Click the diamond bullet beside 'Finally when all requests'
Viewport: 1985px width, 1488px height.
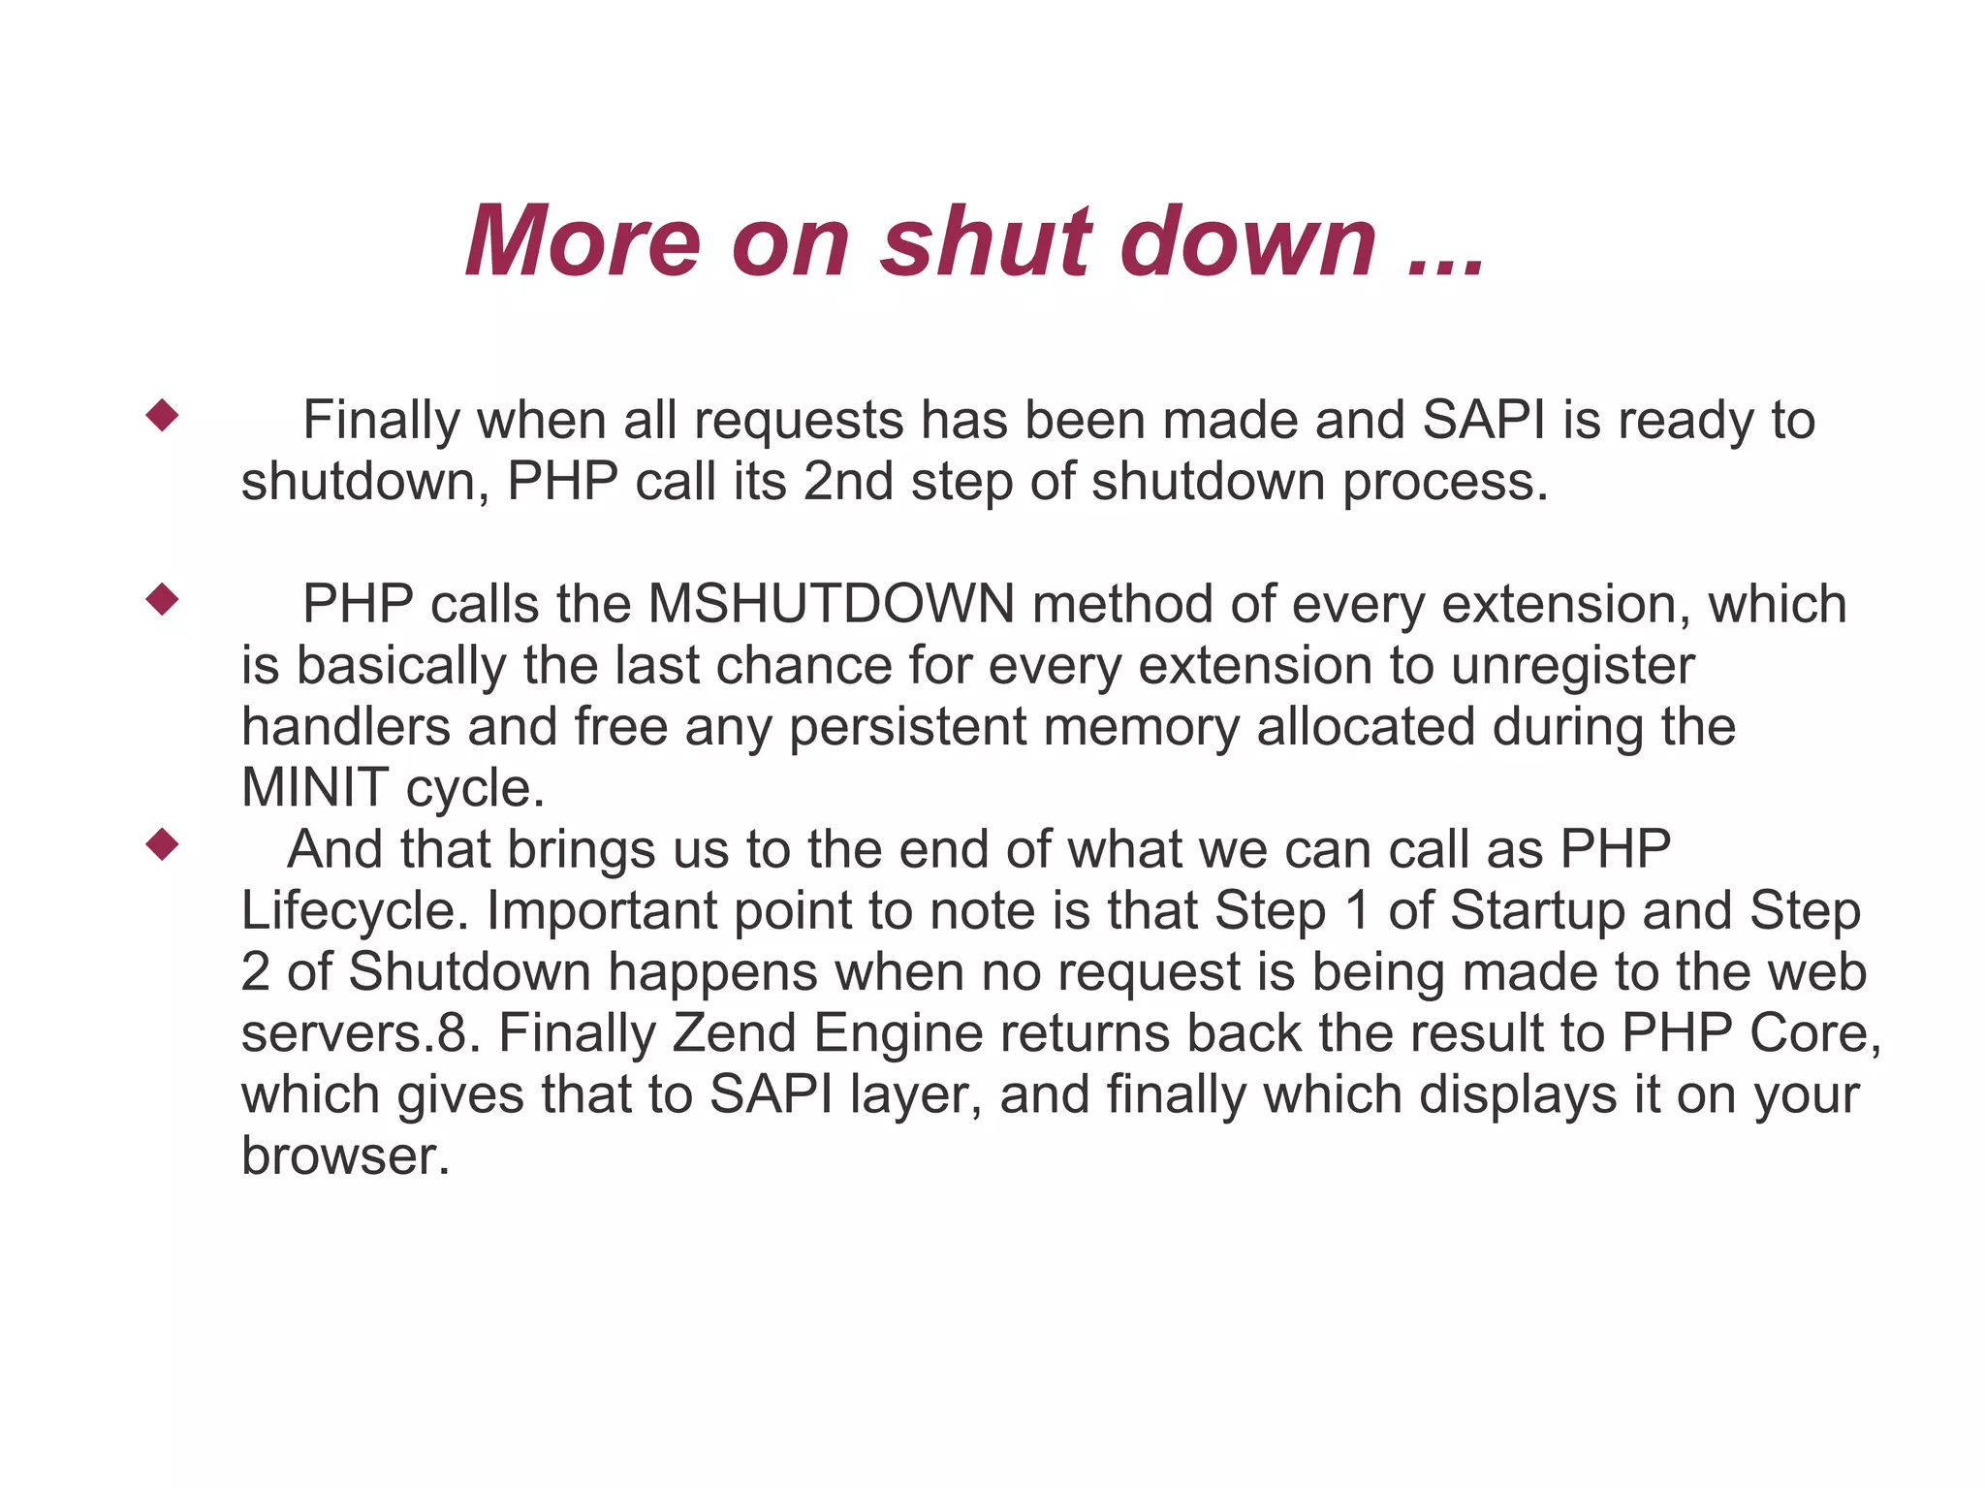pyautogui.click(x=162, y=416)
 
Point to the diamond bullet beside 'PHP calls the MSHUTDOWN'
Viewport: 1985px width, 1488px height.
pyautogui.click(x=162, y=599)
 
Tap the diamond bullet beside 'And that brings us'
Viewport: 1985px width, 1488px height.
pyautogui.click(x=162, y=844)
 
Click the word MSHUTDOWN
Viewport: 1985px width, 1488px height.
pyautogui.click(x=831, y=604)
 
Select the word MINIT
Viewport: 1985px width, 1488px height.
pyautogui.click(x=314, y=787)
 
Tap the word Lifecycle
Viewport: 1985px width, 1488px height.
pyautogui.click(x=354, y=910)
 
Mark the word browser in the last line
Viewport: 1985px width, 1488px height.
pyautogui.click(x=345, y=1156)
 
